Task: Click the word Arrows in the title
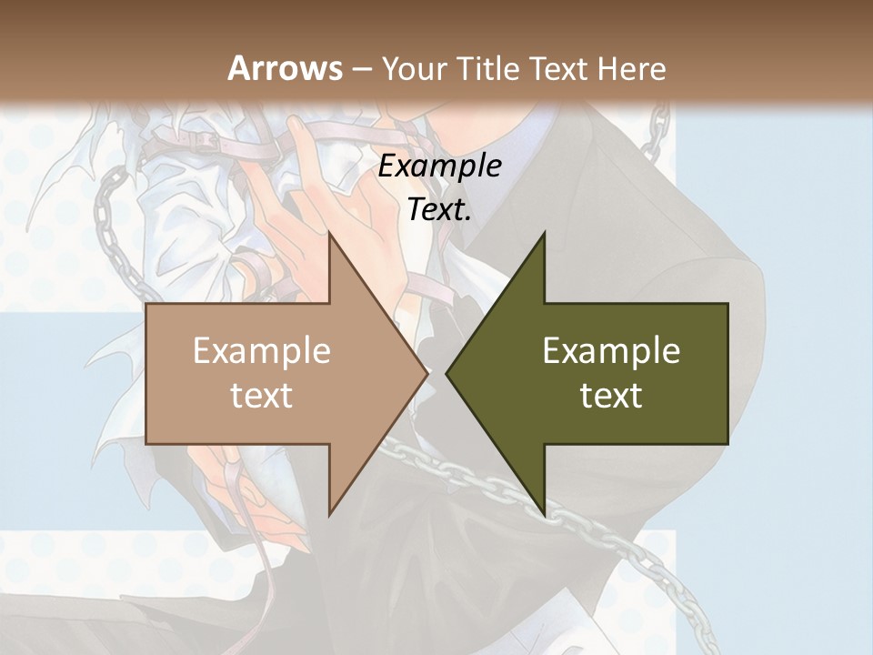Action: point(285,69)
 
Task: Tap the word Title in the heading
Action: point(487,69)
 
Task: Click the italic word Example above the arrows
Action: point(439,166)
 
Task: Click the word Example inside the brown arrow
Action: point(262,351)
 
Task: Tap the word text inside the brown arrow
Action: point(262,396)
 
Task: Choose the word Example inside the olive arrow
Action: point(611,351)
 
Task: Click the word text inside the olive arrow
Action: point(611,396)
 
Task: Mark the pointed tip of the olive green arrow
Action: point(447,373)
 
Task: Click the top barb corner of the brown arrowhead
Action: point(329,235)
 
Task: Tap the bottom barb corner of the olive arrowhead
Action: point(544,514)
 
